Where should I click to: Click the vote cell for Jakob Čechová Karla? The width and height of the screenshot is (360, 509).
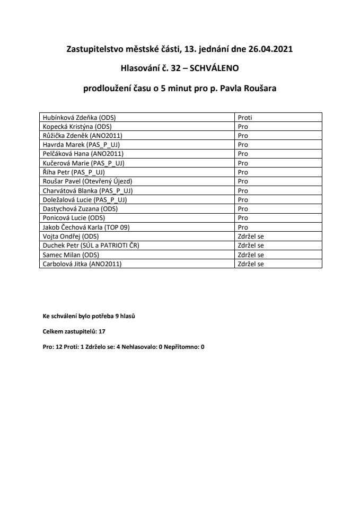243,227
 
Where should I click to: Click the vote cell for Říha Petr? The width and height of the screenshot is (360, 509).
243,172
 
